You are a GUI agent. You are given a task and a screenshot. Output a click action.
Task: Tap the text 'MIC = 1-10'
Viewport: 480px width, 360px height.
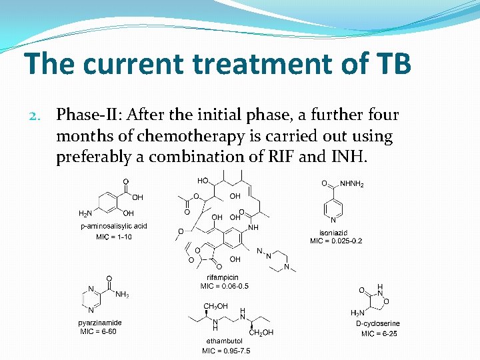coord(114,237)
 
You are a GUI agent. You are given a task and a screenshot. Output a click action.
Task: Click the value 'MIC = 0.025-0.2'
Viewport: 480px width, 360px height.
coord(336,241)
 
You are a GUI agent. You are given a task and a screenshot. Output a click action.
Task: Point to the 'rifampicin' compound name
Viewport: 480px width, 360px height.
coord(223,277)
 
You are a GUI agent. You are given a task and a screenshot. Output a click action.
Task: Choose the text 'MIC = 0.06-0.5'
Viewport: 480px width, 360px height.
coord(225,286)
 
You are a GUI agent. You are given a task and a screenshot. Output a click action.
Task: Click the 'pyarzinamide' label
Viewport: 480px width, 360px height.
coord(100,323)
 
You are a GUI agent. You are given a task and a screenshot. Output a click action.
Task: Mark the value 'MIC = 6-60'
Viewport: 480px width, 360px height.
coord(99,331)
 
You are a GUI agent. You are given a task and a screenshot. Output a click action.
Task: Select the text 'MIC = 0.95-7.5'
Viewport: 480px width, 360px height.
coord(227,351)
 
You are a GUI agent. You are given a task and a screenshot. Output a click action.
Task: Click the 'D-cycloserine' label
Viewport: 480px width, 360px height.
coord(378,324)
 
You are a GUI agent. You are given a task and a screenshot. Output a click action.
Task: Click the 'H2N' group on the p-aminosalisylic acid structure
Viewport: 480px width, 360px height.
coord(86,213)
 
